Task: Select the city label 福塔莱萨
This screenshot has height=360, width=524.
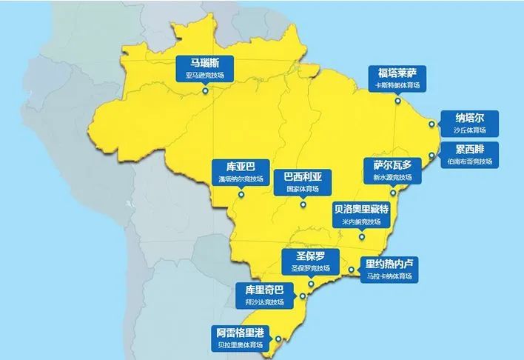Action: pos(397,73)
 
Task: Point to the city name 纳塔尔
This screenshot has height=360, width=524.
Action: pos(469,118)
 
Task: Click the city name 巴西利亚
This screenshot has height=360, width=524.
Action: pos(303,177)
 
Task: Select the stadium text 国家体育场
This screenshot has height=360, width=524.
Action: pos(303,189)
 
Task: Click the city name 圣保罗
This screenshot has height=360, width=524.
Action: pos(311,256)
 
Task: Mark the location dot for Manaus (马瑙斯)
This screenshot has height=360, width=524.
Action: pos(205,91)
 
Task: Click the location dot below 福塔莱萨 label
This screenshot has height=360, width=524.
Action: pos(397,102)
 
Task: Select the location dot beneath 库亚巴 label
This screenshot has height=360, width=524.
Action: pos(241,195)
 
